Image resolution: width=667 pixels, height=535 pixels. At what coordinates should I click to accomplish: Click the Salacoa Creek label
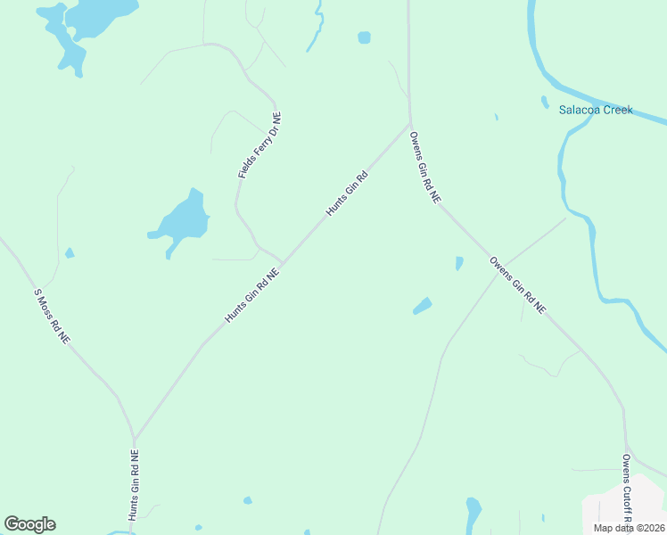595,111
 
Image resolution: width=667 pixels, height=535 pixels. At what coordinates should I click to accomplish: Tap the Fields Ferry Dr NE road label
259,145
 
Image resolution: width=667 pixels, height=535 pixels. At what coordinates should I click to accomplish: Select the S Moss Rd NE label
52,317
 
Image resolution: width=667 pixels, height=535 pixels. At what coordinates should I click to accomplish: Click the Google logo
29,524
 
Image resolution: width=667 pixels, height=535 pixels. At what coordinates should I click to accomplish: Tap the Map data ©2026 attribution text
630,528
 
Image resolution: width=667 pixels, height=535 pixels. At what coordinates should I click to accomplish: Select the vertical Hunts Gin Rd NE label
134,484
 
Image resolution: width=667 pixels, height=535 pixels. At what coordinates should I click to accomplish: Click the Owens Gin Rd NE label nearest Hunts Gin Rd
424,169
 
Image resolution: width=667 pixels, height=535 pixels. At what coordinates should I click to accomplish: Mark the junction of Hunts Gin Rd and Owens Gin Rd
409,123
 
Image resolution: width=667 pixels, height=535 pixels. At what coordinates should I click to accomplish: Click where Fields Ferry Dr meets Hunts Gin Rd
282,263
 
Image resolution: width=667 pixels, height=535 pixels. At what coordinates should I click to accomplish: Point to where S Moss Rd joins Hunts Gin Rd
134,438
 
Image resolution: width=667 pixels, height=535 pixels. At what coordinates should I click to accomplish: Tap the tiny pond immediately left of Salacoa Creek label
544,102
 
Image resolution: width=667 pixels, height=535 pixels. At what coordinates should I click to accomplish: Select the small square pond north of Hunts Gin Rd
364,37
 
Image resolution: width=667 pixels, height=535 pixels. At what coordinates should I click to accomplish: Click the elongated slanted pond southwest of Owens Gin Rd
422,306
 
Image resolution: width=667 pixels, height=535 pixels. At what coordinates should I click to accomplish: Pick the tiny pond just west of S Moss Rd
69,253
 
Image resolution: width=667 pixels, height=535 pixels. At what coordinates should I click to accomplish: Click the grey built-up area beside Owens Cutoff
615,513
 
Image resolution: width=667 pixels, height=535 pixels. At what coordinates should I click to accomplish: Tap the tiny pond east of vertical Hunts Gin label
247,500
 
